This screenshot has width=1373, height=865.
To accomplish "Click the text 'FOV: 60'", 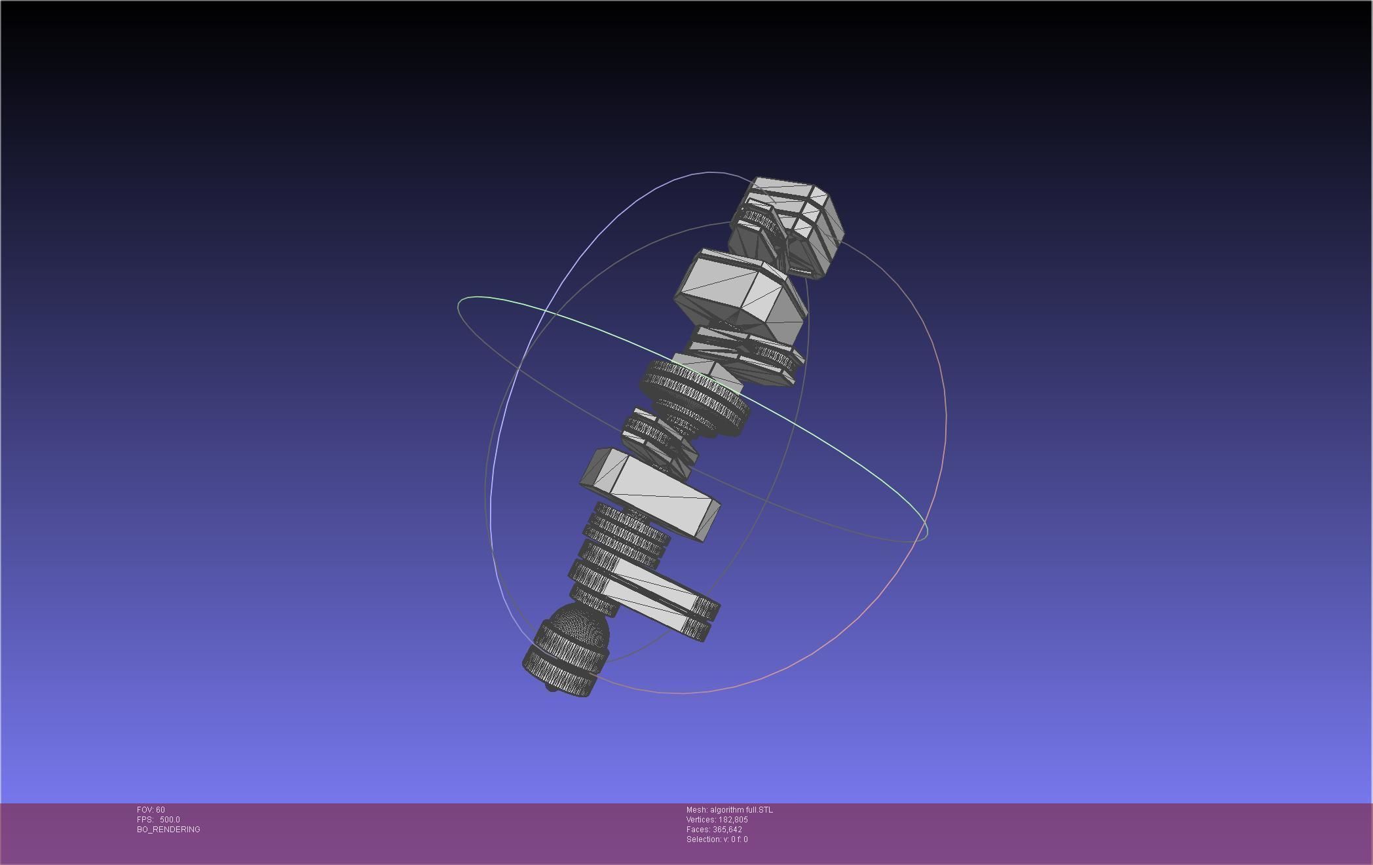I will click(x=151, y=810).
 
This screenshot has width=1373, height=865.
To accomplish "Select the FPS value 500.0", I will click(x=170, y=820).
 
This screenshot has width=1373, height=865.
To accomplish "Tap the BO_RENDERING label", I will click(x=168, y=830).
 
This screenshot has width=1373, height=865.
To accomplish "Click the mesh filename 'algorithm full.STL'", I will click(x=741, y=810).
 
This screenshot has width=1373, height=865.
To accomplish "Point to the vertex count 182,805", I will click(x=733, y=820).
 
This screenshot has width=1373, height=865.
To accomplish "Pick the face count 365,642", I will click(x=728, y=830).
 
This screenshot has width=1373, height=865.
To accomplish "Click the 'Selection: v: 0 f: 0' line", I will click(x=717, y=839).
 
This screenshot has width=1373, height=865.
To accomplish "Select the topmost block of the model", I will click(x=789, y=223).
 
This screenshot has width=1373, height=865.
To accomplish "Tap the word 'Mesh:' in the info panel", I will click(x=696, y=810).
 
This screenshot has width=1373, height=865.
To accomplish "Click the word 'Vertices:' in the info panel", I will click(x=701, y=820).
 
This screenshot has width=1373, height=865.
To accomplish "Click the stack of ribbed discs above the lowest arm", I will click(x=626, y=537).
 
